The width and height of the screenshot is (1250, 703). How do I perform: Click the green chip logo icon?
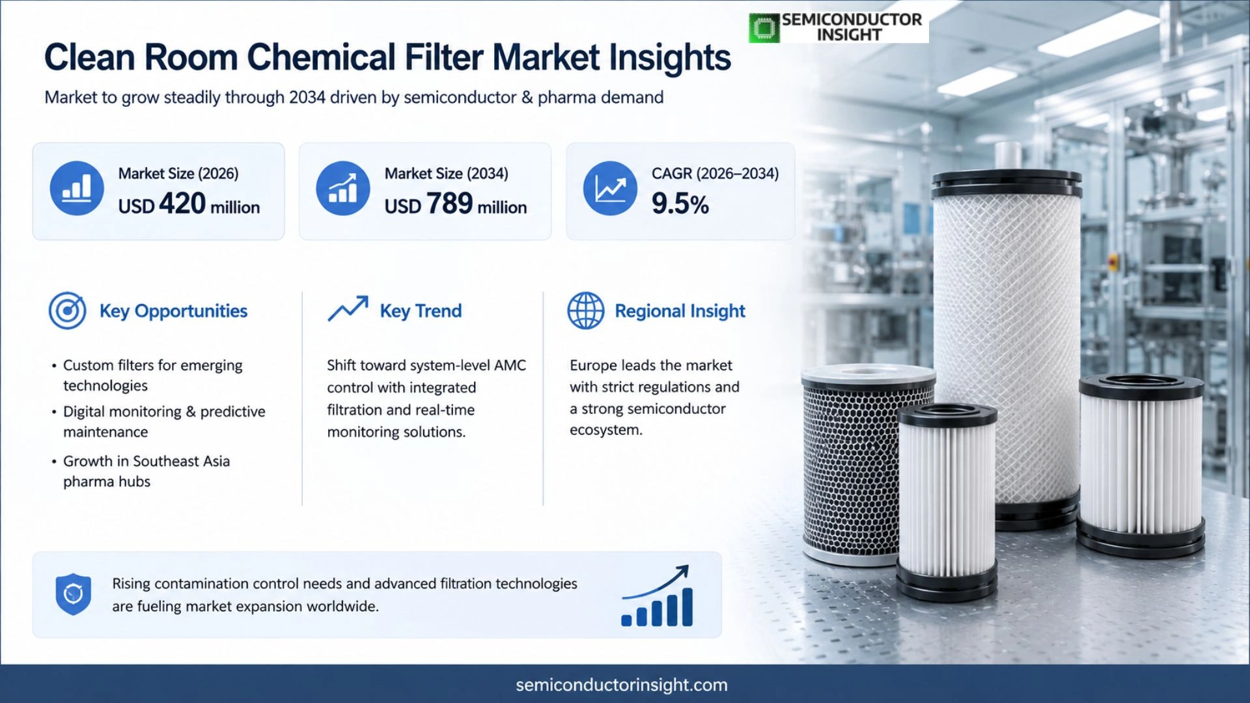pos(764,28)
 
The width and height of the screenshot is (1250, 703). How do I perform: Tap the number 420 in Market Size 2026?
pos(182,204)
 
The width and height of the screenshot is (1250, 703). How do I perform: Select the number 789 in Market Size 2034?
pos(449,204)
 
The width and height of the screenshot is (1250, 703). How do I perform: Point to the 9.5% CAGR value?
pos(680,204)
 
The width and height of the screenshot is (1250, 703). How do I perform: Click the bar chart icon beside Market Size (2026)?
pos(77,188)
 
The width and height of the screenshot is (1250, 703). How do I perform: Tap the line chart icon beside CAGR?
pos(610,188)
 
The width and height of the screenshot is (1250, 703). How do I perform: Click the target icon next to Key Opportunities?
pos(67,310)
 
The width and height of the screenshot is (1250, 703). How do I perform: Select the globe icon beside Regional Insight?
pos(586,310)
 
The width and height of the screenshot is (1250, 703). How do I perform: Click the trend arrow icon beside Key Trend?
pos(348,308)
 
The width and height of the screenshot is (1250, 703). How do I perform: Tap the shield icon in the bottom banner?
pos(73,594)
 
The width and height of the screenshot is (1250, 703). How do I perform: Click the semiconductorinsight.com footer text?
pos(622,685)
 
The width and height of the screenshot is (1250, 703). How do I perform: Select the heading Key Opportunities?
pos(173,311)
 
